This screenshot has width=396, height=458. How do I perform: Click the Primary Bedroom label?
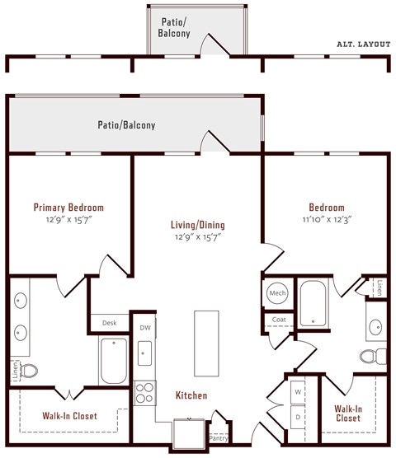point(68,208)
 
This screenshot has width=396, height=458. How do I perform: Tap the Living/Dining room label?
point(197,225)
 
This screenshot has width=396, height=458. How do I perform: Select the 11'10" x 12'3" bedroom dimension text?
point(327,220)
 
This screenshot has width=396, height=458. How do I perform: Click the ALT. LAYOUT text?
point(363,44)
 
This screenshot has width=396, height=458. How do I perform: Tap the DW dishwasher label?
point(145,328)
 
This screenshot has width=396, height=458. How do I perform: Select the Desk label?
point(110,323)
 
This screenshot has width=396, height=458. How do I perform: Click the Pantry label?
point(219,438)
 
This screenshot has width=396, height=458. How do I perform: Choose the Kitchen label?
point(191,395)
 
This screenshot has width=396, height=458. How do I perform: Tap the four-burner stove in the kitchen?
point(145,392)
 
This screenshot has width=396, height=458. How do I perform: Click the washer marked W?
point(297,392)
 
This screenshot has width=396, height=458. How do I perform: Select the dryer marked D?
point(297,417)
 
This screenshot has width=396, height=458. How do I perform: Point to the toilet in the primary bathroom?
point(30,371)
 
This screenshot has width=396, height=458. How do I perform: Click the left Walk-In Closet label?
point(69,416)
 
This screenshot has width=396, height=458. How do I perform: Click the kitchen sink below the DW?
point(145,355)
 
